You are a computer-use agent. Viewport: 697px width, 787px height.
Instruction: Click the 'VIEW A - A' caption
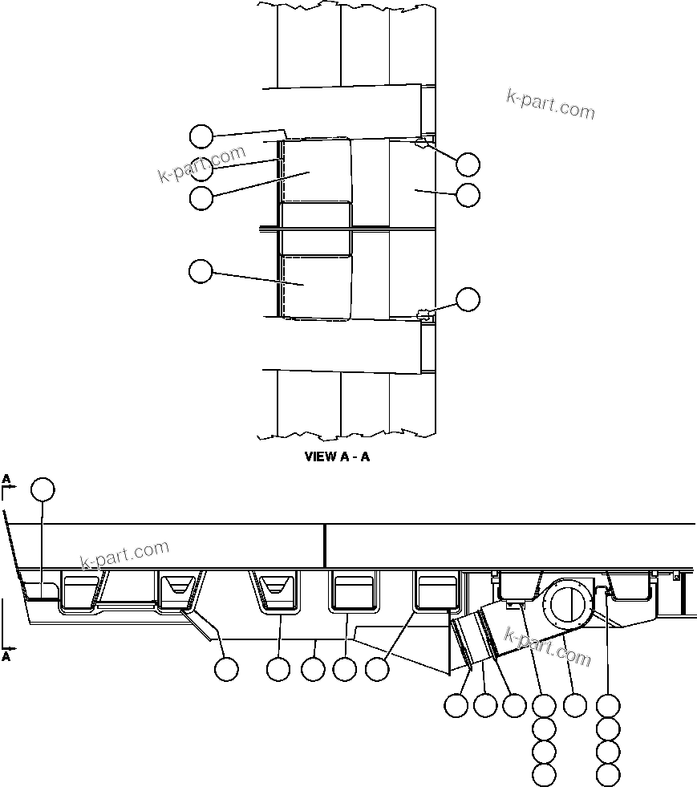point(337,457)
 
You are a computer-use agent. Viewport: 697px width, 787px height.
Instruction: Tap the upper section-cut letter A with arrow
point(7,480)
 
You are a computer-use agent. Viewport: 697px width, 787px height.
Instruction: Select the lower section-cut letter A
point(7,655)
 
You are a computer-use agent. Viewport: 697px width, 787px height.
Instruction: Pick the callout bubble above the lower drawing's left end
point(43,489)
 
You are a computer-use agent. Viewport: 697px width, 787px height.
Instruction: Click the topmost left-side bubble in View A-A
point(201,136)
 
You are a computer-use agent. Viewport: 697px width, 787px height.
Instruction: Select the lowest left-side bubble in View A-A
point(201,271)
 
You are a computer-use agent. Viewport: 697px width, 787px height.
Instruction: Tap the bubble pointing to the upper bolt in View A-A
point(468,164)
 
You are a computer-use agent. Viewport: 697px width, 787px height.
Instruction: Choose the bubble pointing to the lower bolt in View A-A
point(468,299)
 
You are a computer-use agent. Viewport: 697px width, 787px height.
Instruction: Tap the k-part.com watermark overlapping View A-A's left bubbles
point(201,164)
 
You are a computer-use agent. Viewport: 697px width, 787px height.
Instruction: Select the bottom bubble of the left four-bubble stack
point(544,774)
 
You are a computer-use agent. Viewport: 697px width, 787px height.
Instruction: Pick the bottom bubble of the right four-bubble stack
point(609,774)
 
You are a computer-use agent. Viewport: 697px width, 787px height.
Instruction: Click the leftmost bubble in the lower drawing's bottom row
point(226,668)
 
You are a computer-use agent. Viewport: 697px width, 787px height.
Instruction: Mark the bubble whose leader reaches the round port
point(575,705)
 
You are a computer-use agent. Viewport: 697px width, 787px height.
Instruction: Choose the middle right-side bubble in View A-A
point(468,194)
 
